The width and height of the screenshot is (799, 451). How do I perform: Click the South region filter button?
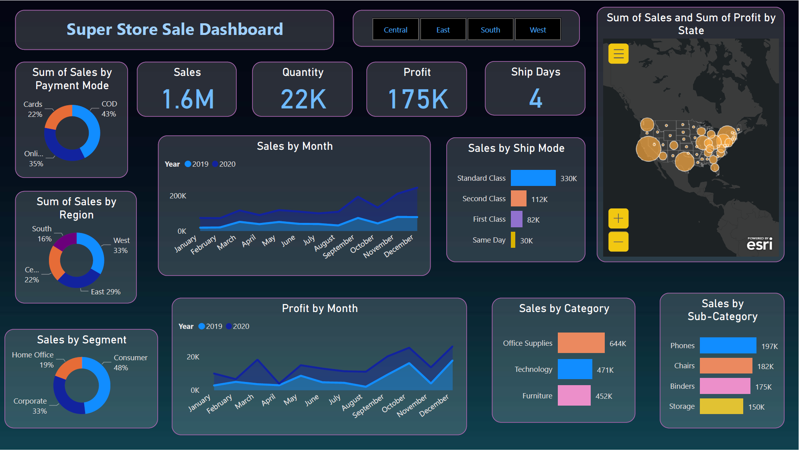(490, 30)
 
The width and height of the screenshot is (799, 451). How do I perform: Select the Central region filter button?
(395, 30)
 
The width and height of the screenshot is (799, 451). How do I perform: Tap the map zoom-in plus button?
(618, 218)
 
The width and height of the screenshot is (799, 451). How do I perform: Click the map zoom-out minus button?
(618, 242)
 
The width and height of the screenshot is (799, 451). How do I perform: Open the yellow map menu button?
(618, 54)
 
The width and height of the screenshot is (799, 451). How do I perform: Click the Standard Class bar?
(533, 178)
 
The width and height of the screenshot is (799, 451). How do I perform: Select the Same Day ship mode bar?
(513, 240)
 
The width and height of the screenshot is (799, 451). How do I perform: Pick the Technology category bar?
(574, 369)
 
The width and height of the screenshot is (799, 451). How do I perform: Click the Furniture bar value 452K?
(604, 396)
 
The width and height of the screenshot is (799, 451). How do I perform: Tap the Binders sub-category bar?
(724, 386)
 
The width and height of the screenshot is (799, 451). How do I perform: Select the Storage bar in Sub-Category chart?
(721, 406)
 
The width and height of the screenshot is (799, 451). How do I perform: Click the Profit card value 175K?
(417, 99)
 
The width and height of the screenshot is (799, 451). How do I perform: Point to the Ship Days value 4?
(535, 99)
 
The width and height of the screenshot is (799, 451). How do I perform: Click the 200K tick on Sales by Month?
(178, 196)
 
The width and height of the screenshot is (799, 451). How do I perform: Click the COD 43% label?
(109, 109)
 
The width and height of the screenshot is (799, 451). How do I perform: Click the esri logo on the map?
(759, 244)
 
